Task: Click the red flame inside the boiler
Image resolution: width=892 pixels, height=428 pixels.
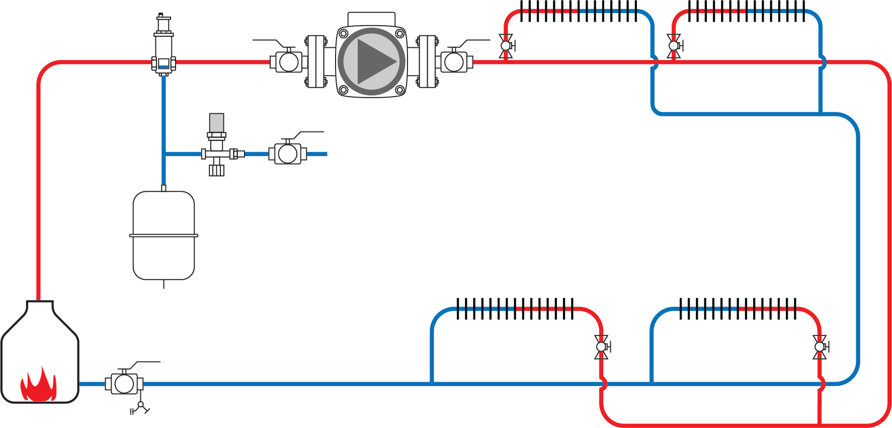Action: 38,385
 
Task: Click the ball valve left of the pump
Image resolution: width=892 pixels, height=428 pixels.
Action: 288,62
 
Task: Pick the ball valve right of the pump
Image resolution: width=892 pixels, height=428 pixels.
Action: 454,62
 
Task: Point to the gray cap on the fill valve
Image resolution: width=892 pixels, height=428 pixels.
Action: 216,122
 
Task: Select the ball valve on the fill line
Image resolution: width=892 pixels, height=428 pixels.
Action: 287,154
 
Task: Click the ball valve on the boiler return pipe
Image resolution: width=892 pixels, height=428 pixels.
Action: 124,384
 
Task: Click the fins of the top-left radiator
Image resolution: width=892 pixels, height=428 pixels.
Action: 579,11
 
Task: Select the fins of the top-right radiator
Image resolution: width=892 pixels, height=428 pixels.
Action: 747,11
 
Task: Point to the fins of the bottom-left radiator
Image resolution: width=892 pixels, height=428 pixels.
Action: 515,309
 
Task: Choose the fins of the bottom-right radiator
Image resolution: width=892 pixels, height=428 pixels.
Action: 738,309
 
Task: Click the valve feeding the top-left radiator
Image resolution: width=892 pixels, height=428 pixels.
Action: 506,46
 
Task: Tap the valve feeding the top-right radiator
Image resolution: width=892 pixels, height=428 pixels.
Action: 674,46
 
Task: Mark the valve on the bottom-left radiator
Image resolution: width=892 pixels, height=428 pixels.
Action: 601,347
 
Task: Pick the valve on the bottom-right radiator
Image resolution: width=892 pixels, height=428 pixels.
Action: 820,347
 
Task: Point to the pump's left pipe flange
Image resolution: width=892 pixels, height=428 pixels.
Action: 316,62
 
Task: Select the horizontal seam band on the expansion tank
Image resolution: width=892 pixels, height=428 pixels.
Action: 164,235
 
